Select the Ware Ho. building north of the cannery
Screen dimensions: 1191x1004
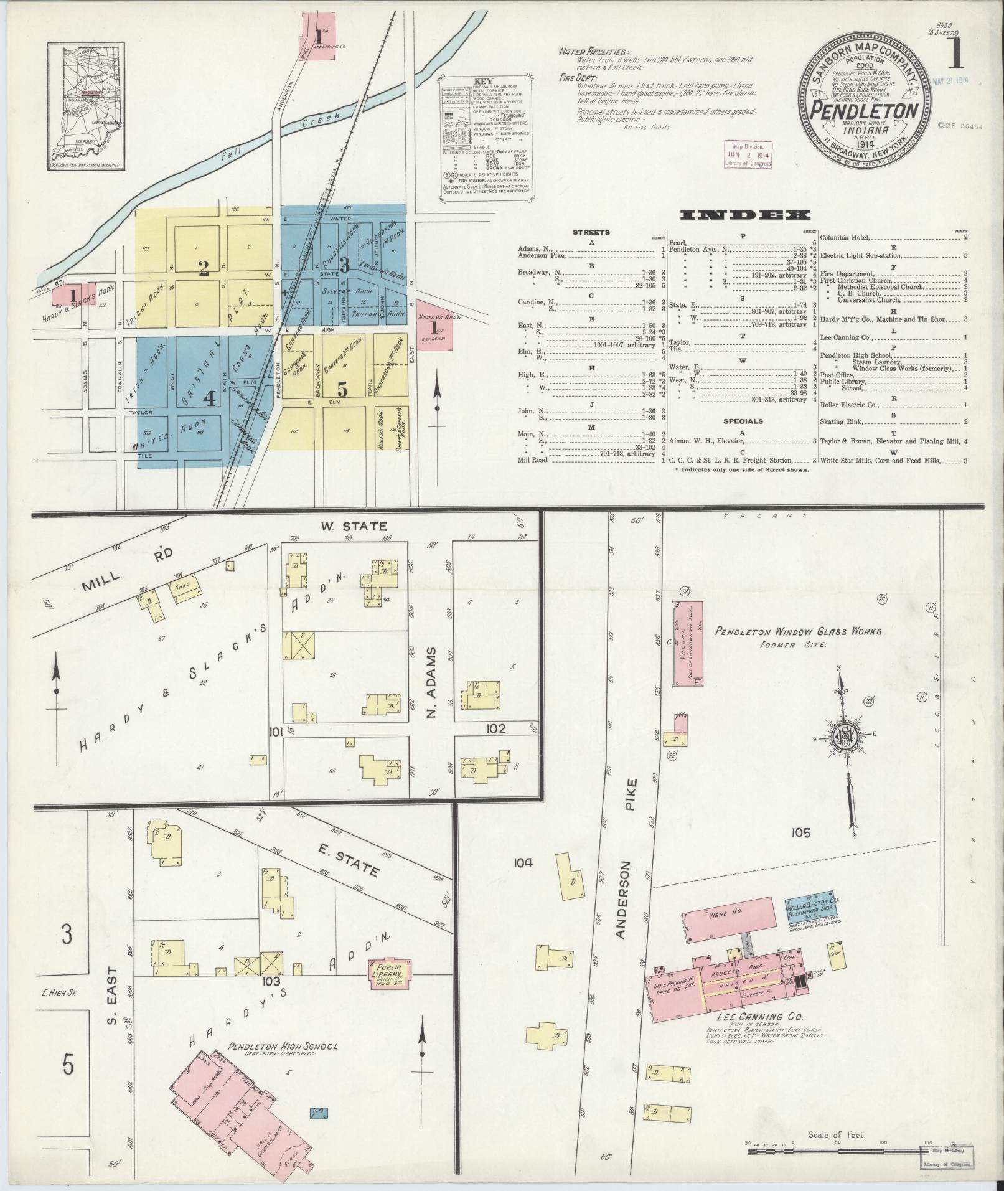pyautogui.click(x=729, y=916)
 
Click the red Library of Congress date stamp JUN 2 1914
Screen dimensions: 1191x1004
pyautogui.click(x=747, y=154)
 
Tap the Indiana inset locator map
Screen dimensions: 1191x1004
pyautogui.click(x=85, y=106)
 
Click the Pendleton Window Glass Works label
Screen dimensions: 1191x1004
pyautogui.click(x=798, y=632)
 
